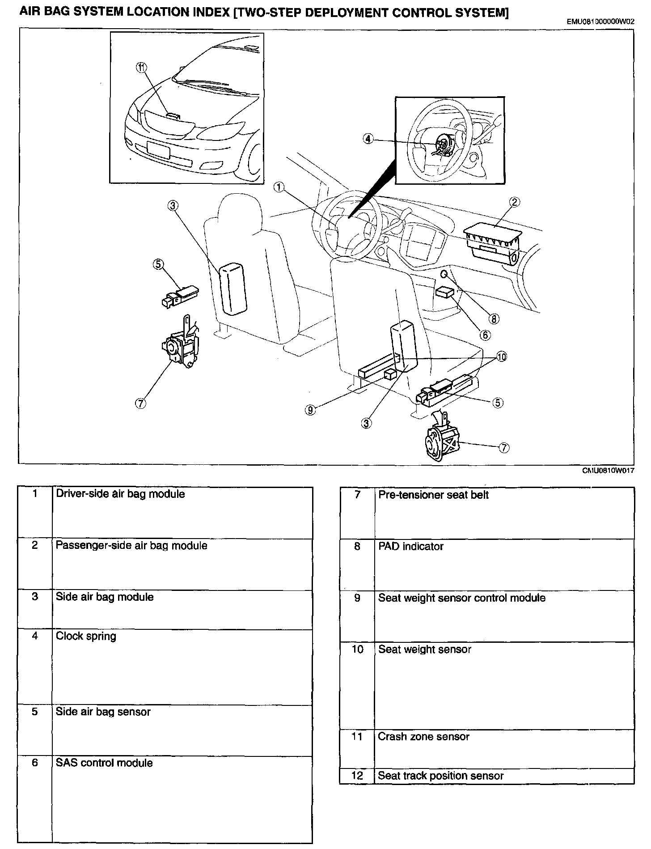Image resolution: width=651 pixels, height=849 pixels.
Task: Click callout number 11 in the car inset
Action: pyautogui.click(x=141, y=68)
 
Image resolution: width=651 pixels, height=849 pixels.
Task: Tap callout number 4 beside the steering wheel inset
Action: pyautogui.click(x=368, y=139)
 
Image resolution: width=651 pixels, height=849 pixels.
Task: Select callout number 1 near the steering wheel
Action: pyautogui.click(x=279, y=187)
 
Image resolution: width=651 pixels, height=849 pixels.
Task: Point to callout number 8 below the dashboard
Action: pyautogui.click(x=494, y=319)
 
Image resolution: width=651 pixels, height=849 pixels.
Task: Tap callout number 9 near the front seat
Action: pyautogui.click(x=310, y=410)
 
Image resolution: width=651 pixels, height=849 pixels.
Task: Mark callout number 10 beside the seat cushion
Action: pyautogui.click(x=502, y=357)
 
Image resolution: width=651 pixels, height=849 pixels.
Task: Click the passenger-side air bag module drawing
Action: pyautogui.click(x=492, y=245)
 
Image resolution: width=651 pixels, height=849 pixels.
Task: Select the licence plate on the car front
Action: pyautogui.click(x=158, y=148)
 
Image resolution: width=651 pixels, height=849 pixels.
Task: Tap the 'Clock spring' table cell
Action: pyautogui.click(x=86, y=636)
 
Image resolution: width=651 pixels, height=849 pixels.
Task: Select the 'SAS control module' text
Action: pyautogui.click(x=104, y=763)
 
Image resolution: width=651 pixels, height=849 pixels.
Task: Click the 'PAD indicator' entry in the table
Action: pyautogui.click(x=410, y=546)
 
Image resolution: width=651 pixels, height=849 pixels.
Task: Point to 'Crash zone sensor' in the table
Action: pyautogui.click(x=423, y=736)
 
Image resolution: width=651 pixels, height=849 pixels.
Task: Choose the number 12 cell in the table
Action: pyautogui.click(x=357, y=775)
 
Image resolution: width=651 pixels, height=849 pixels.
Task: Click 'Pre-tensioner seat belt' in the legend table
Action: pyautogui.click(x=433, y=495)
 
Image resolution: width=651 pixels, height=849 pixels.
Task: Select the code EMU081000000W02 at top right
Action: pyautogui.click(x=600, y=21)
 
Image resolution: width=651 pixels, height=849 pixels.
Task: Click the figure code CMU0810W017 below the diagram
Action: pyautogui.click(x=608, y=470)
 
